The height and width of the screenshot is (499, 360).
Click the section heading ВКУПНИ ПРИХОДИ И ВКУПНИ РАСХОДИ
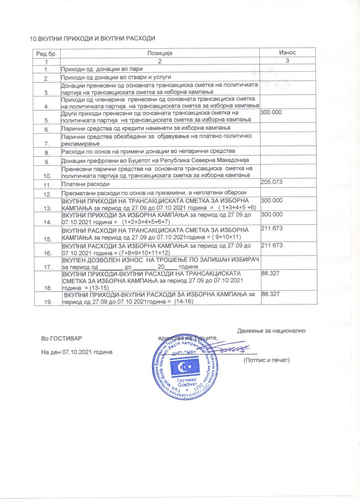pyautogui.click(x=96, y=38)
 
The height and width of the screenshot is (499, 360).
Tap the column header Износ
pyautogui.click(x=287, y=53)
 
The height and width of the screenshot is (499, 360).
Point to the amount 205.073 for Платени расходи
pyautogui.click(x=272, y=182)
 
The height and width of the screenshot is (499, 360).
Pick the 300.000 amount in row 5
pyautogui.click(x=272, y=113)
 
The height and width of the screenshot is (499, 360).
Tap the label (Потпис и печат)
pyautogui.click(x=267, y=360)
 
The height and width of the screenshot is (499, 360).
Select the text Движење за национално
pyautogui.click(x=271, y=330)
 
